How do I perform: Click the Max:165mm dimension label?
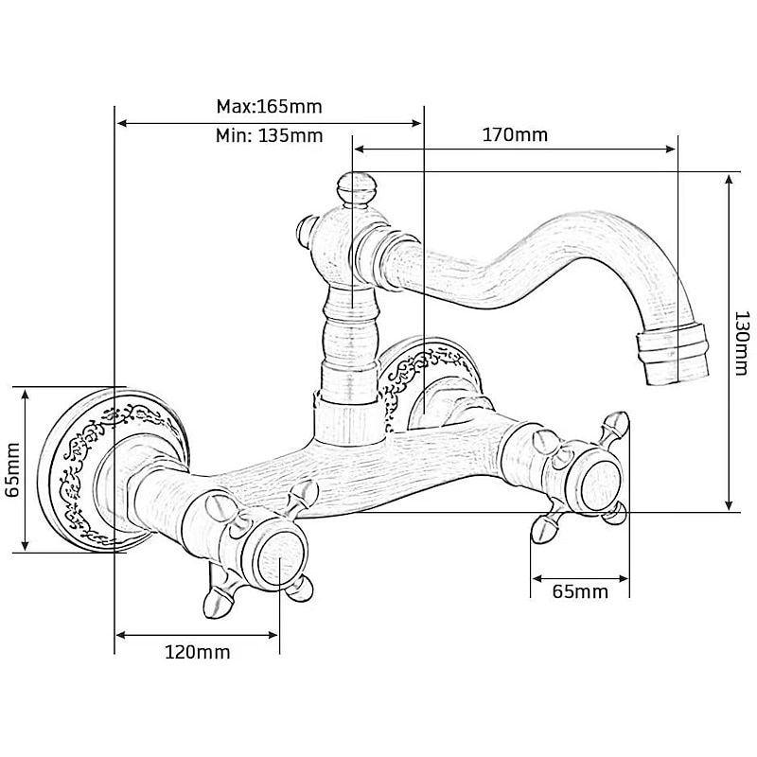coord(269,106)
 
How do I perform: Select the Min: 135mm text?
coord(269,135)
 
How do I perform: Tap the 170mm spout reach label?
coord(515,134)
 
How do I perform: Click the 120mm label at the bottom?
coord(198,652)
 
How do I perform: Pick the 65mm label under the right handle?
coord(580,591)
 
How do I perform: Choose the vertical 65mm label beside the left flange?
coord(12,469)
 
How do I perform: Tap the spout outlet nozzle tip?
coord(674,355)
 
